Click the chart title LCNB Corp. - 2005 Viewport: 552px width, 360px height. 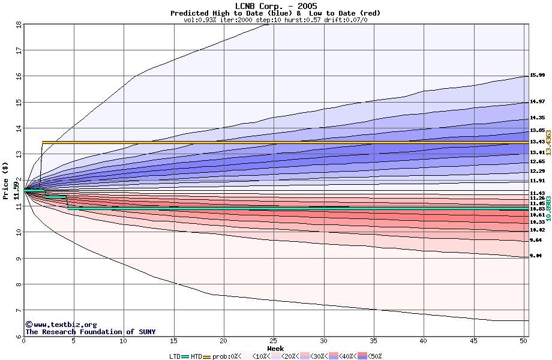pyautogui.click(x=276, y=6)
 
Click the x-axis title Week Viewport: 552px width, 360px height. pyautogui.click(x=275, y=348)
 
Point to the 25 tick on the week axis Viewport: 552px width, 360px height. pyautogui.click(x=274, y=341)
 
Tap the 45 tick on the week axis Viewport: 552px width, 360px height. pyautogui.click(x=473, y=341)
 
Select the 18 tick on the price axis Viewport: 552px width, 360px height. pyautogui.click(x=19, y=25)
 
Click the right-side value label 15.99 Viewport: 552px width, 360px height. pyautogui.click(x=537, y=76)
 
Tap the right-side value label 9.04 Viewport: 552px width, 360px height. pyautogui.click(x=536, y=256)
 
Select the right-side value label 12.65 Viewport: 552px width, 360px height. pyautogui.click(x=537, y=162)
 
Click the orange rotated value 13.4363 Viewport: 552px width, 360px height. pyautogui.click(x=548, y=142)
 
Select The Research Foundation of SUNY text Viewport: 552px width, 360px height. pyautogui.click(x=90, y=332)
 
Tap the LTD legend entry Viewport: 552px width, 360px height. pyautogui.click(x=175, y=356)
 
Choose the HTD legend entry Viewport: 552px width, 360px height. pyautogui.click(x=197, y=356)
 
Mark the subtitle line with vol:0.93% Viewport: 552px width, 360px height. pyautogui.click(x=275, y=20)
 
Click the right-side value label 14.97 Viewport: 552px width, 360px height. pyautogui.click(x=537, y=102)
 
